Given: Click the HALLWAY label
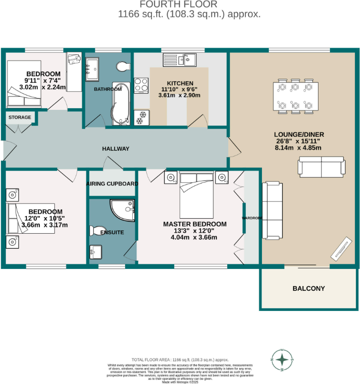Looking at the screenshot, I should click(x=115, y=149).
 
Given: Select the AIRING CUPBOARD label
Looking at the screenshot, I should click(x=112, y=184).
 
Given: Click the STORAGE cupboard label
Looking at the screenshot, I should click(x=20, y=118).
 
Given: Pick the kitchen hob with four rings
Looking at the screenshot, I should click(x=141, y=84).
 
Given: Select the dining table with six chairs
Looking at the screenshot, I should click(x=294, y=96).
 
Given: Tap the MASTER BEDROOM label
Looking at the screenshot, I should click(x=195, y=224).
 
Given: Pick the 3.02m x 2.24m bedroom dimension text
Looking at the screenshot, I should click(x=43, y=88).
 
